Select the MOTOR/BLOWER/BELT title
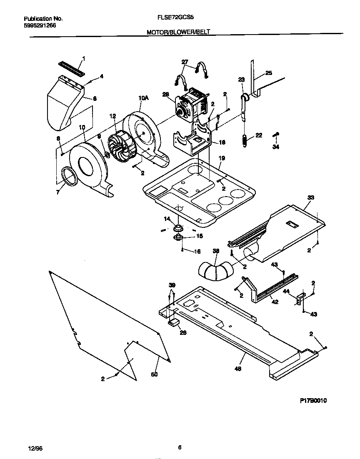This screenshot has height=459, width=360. (x=181, y=32)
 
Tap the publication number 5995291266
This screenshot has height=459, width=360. (x=40, y=25)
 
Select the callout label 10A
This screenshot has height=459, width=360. (x=143, y=98)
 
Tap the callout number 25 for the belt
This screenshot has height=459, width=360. (x=268, y=73)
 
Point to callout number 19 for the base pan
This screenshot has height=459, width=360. (x=222, y=158)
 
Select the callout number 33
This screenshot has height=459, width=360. (x=310, y=197)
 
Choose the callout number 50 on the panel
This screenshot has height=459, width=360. (x=154, y=375)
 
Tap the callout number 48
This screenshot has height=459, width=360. (x=238, y=369)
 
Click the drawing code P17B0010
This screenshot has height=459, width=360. (x=313, y=400)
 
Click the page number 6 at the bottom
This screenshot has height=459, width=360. (x=180, y=448)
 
